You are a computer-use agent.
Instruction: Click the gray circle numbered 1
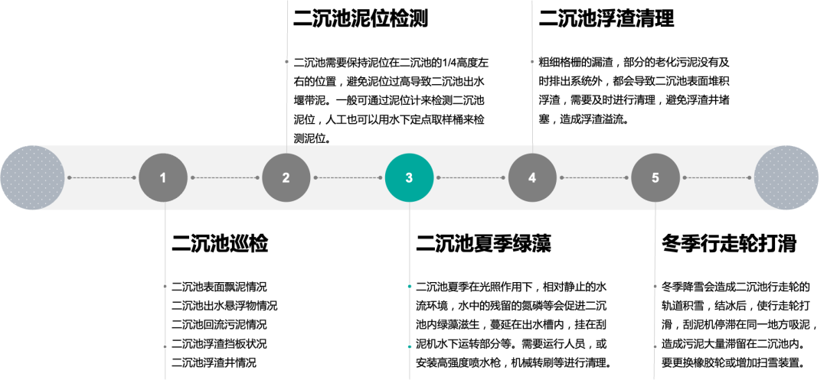163,178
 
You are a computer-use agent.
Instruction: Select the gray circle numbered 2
286,178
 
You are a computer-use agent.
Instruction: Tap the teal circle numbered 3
409,178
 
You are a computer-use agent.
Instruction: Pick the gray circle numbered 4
532,178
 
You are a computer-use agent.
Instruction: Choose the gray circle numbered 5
655,178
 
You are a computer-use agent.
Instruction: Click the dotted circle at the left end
33,178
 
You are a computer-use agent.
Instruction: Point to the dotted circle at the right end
786,178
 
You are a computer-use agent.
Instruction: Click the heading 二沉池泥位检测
360,18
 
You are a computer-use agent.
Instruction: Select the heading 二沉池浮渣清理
606,18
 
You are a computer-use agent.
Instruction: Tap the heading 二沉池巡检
220,244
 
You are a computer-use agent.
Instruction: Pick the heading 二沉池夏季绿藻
484,244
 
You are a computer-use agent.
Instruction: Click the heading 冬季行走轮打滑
729,244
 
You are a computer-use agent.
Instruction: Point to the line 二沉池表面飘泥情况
219,287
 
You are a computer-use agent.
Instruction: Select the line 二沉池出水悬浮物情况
224,306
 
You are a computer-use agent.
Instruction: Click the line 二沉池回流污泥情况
219,325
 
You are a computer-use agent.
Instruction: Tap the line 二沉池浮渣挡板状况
219,344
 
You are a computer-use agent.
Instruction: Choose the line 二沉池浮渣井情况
214,362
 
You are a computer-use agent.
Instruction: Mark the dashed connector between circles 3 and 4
470,178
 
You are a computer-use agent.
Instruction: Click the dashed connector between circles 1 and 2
224,178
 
